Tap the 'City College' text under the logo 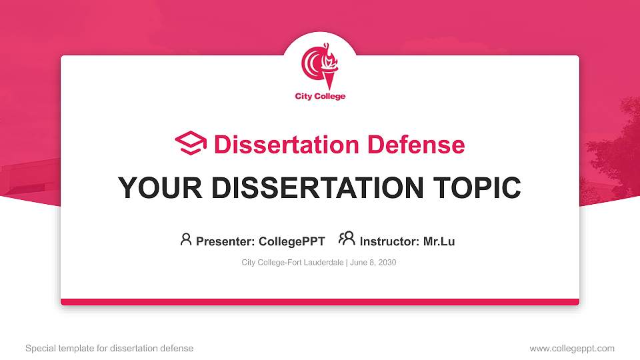click(320, 97)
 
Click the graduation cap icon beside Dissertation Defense click(191, 143)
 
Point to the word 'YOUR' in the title click(153, 188)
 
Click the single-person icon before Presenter click(186, 239)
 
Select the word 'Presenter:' click(222, 241)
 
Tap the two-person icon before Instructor click(347, 239)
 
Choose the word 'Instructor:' click(389, 241)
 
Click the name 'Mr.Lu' click(439, 241)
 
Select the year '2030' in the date click(387, 263)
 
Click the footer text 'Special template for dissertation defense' click(109, 348)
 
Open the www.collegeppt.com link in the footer click(572, 348)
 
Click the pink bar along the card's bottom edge click(320, 302)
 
